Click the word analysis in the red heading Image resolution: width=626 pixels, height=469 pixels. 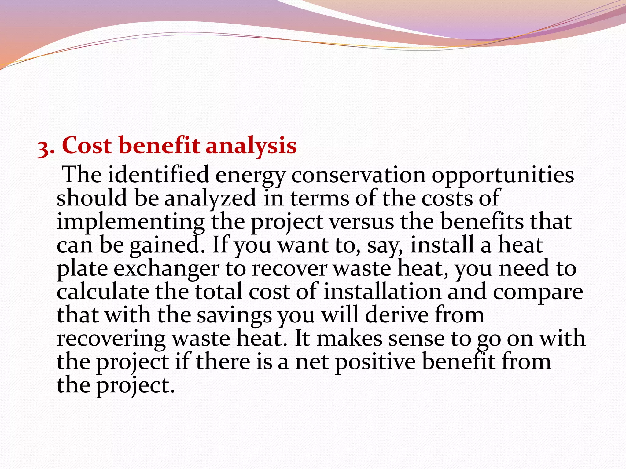[251, 146]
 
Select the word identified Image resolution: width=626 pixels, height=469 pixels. [158, 175]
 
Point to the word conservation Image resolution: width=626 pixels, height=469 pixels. [358, 175]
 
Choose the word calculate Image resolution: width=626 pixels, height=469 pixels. [103, 292]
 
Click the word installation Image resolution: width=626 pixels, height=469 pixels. [382, 292]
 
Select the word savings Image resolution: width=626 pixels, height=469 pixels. [234, 316]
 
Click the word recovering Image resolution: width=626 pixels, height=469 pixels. [111, 339]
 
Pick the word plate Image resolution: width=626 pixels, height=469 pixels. [82, 269]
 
